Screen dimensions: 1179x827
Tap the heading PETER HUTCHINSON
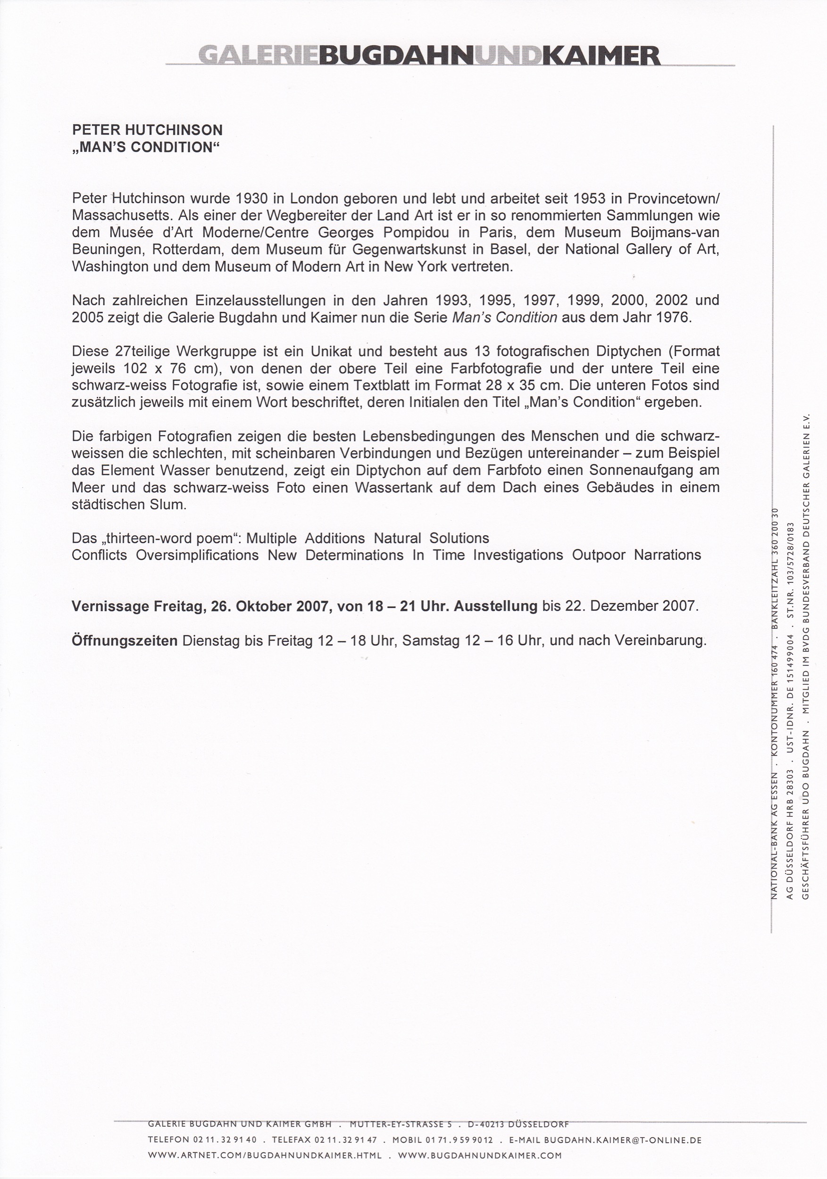pos(147,131)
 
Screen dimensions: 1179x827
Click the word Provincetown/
pos(673,198)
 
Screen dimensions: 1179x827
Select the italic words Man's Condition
pos(504,317)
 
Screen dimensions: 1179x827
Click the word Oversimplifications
pos(197,555)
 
